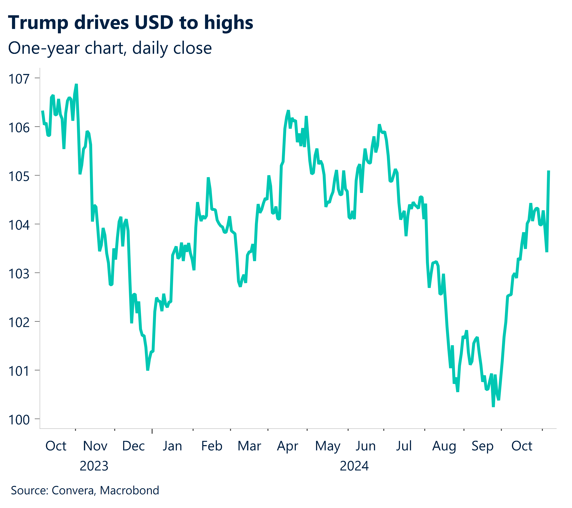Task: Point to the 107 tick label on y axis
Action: click(x=19, y=79)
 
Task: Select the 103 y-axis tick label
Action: click(x=19, y=274)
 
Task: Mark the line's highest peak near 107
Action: click(x=76, y=85)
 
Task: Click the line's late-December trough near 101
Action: click(x=148, y=370)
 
